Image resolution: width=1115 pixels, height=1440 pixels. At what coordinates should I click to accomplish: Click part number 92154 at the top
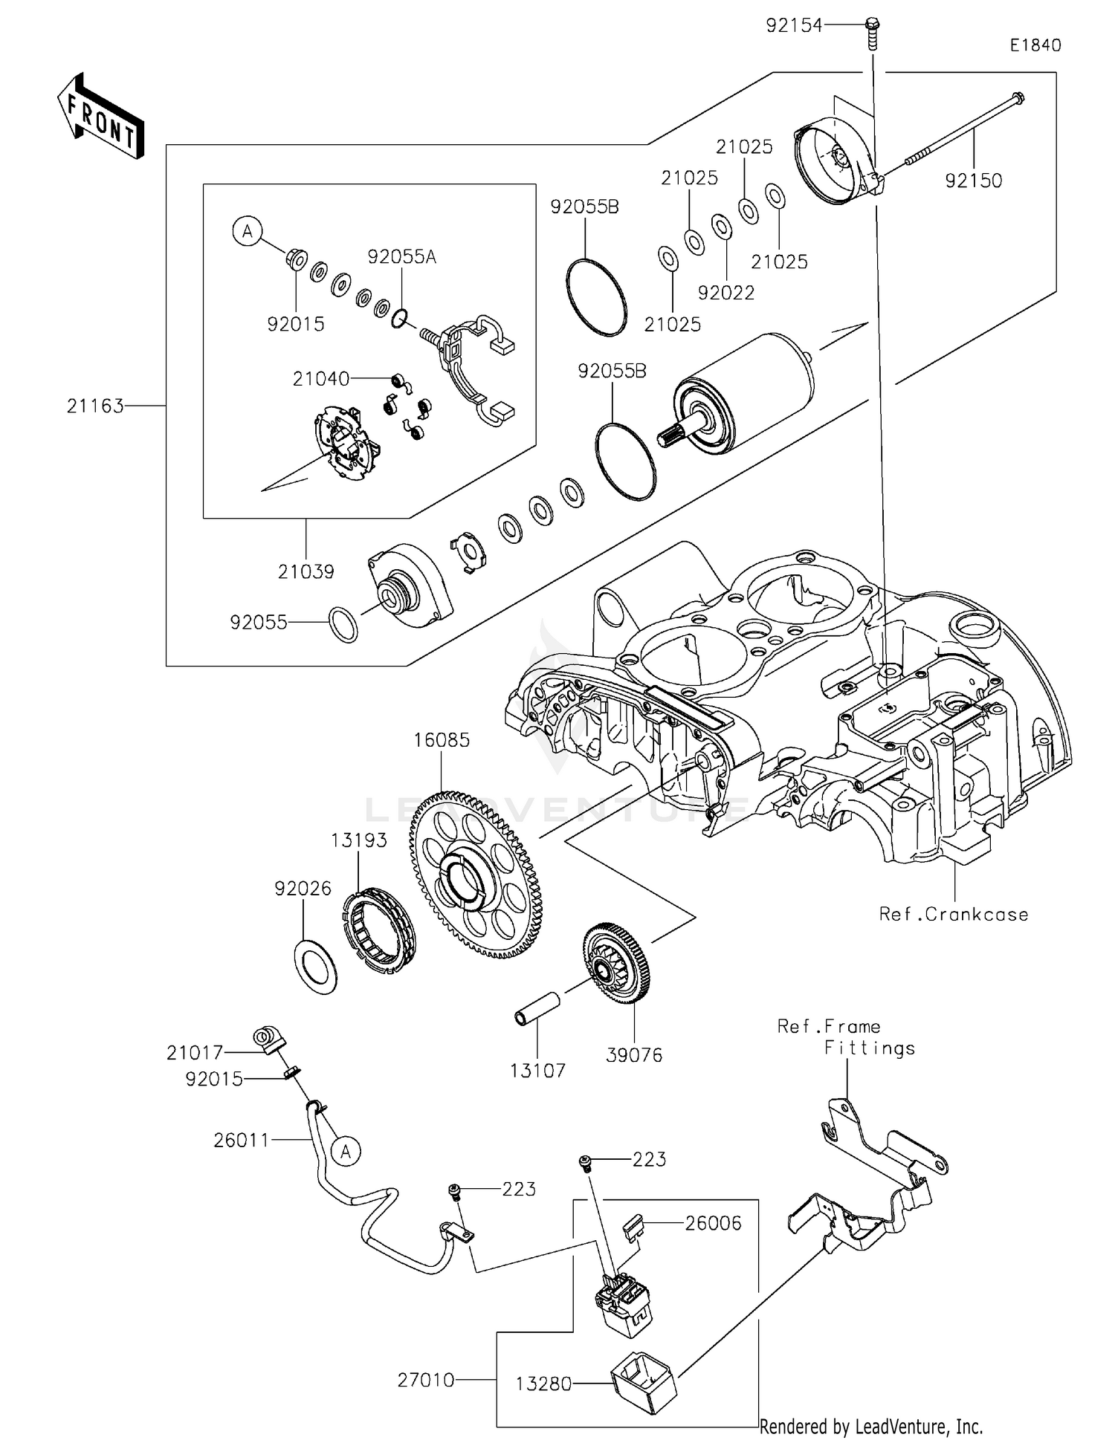pos(795,26)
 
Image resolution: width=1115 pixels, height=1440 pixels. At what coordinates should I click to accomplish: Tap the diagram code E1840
pos(1035,45)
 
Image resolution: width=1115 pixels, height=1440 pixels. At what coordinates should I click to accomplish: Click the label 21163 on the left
pos(95,406)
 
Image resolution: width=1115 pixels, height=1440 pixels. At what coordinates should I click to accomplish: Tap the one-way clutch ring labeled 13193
pos(378,930)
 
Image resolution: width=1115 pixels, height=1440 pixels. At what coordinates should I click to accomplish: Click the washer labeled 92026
pos(316,967)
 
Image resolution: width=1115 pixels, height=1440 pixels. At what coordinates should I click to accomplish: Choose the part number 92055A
pos(402,257)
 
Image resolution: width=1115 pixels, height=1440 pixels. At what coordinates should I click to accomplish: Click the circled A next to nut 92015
pos(248,231)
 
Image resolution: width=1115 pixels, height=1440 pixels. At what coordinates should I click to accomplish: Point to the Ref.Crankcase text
pos(954,915)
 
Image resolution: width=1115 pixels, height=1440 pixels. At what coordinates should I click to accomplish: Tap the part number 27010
pos(426,1380)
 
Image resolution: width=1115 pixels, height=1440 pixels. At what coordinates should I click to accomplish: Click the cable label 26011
pos(241,1140)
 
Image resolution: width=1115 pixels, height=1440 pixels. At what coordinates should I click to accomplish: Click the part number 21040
pos(320,379)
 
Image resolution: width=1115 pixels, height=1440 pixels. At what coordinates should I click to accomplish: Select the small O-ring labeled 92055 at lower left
pos(343,625)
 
